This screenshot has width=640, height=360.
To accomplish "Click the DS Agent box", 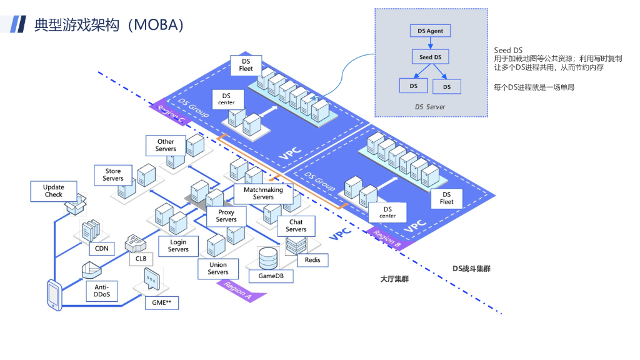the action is [x=430, y=31].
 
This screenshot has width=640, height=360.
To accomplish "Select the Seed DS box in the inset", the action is [x=430, y=57].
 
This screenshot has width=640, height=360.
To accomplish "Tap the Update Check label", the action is [x=54, y=191].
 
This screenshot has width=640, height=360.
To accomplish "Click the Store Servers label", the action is [x=113, y=175].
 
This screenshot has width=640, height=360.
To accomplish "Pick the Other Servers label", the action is [x=166, y=145].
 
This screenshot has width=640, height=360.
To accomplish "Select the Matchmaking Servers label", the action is [x=263, y=194].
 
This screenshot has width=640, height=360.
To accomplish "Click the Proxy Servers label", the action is [x=226, y=216].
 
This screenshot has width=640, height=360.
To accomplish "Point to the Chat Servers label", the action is [x=296, y=226].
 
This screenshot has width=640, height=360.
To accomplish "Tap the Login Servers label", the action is [x=178, y=246].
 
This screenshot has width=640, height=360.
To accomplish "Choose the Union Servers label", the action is [x=218, y=269].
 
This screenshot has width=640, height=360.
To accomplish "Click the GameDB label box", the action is [x=271, y=276].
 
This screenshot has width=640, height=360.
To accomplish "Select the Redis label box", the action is [x=312, y=260].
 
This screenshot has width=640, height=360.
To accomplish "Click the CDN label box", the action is [x=102, y=249].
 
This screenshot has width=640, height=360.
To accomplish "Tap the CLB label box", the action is [x=141, y=259].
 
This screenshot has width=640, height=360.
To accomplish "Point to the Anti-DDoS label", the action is [x=102, y=291].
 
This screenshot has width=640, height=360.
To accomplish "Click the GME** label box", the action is [x=162, y=303].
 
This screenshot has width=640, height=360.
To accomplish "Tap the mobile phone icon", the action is [x=54, y=295].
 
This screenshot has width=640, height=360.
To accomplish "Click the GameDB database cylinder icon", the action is [x=268, y=258].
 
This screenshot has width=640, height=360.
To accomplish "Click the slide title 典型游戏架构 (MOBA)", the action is [x=109, y=25].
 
